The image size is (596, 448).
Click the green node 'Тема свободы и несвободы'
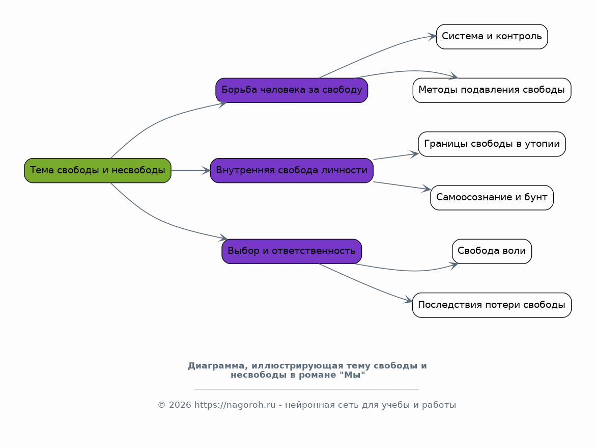click(98, 171)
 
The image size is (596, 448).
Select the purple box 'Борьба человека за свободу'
click(292, 90)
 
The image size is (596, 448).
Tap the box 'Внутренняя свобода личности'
click(292, 171)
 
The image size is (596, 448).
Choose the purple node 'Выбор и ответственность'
click(292, 251)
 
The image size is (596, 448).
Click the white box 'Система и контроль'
click(492, 37)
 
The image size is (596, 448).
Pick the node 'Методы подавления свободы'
click(492, 90)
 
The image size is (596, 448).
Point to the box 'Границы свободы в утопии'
click(492, 144)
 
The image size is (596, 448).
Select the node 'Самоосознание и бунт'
click(492, 198)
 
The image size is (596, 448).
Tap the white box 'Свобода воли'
click(492, 251)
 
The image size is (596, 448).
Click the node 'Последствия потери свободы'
click(492, 305)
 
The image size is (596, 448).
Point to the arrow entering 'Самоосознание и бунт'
click(402, 186)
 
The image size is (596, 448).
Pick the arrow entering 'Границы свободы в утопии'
click(396, 156)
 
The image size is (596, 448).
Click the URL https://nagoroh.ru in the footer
click(235, 405)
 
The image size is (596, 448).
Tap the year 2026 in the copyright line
click(180, 405)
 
